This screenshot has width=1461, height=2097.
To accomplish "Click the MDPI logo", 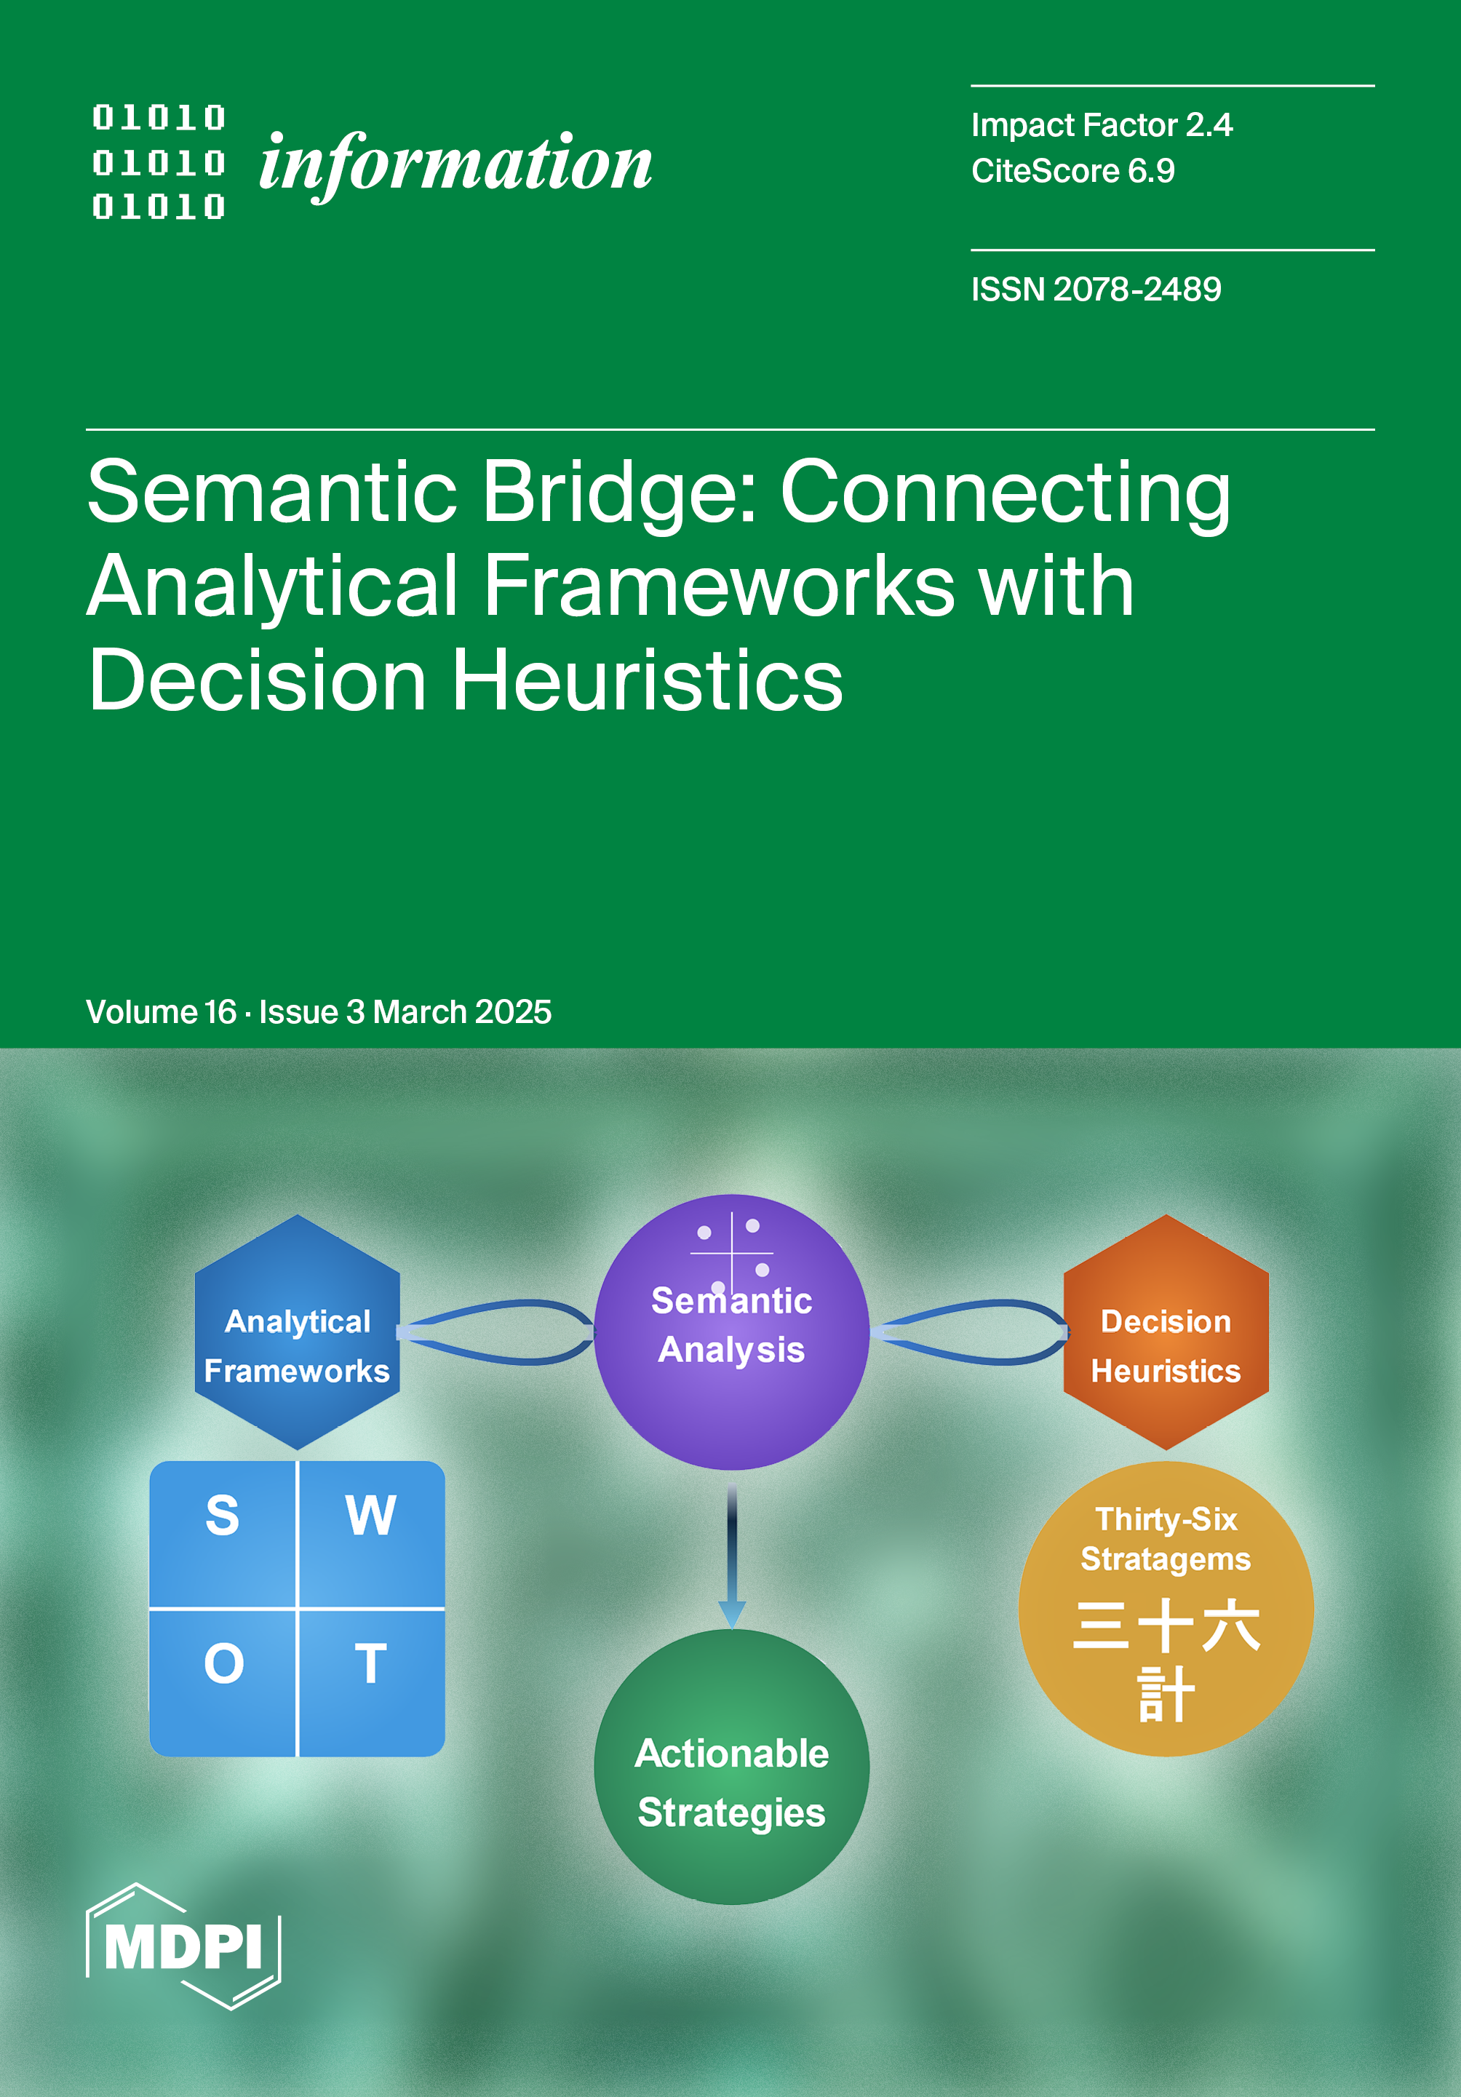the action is click(183, 1946).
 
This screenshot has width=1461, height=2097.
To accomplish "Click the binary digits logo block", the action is click(159, 162).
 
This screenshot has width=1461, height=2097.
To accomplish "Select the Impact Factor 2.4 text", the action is click(1102, 125).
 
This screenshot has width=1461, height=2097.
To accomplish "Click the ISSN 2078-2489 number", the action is click(1096, 290).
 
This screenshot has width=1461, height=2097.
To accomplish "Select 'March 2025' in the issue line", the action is click(462, 1012).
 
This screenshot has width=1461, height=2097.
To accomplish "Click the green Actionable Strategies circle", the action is click(730, 1781).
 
